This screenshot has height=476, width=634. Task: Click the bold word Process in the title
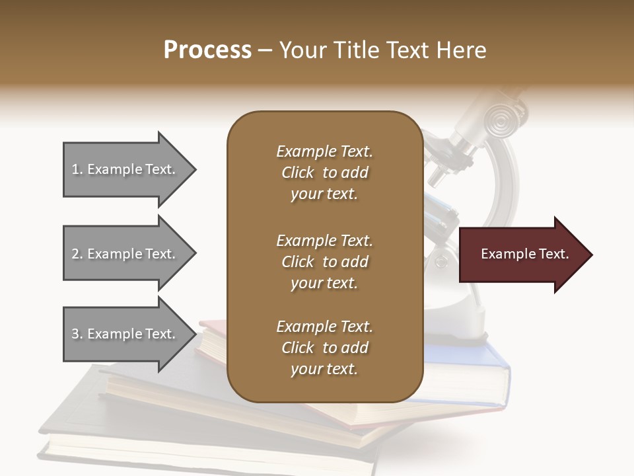pos(207,50)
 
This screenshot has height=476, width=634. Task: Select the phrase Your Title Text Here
pos(383,50)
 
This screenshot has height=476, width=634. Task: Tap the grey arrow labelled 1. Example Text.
pos(125,169)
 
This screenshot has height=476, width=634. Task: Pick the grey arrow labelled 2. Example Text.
pos(125,254)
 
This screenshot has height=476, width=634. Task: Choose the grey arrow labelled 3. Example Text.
pos(125,334)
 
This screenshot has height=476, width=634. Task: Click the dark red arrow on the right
pos(522,255)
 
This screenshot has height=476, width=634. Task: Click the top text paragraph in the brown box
pos(324,173)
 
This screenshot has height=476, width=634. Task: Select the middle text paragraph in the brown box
pos(324,262)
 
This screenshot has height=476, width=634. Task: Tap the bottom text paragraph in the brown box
pos(324,348)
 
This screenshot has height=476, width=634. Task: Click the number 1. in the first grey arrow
pos(77,169)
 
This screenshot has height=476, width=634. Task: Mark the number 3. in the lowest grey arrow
pos(77,334)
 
